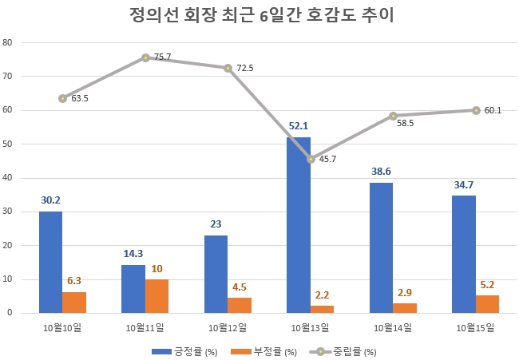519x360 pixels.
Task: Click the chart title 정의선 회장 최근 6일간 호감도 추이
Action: point(260,16)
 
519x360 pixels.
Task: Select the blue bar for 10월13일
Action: point(299,225)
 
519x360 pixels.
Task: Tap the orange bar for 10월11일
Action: point(156,296)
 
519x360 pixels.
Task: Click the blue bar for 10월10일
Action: point(50,262)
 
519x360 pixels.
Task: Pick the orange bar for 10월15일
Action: point(487,304)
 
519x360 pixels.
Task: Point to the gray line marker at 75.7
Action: point(145,57)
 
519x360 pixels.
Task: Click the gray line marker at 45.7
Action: point(311,159)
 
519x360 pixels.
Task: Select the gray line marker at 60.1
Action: point(476,110)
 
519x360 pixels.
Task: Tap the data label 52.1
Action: point(299,126)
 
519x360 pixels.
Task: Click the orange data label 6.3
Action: point(74,280)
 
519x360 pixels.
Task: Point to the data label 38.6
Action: point(382,172)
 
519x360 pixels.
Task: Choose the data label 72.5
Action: point(244,69)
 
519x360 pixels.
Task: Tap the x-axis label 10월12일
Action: point(228,327)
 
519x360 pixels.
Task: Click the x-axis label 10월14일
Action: point(393,327)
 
